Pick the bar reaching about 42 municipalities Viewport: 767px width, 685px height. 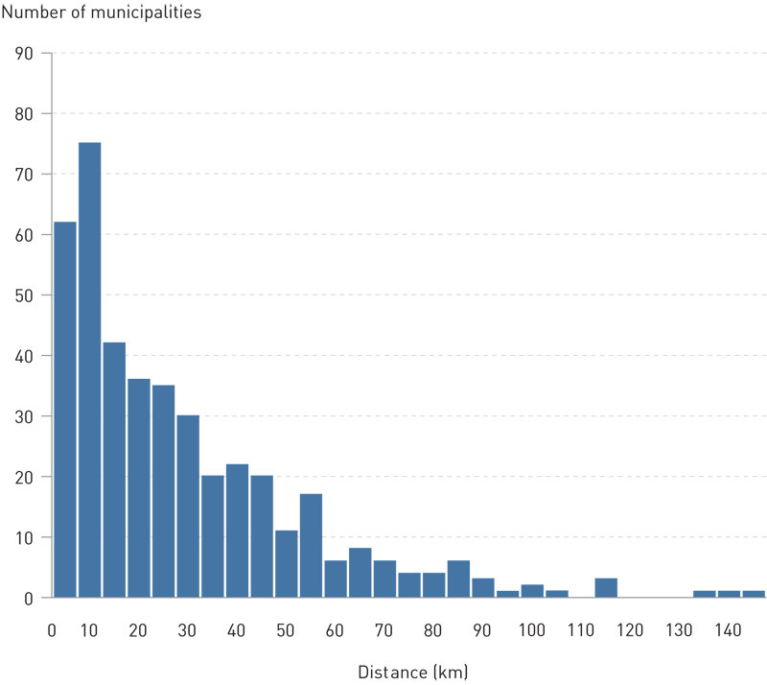pyautogui.click(x=114, y=470)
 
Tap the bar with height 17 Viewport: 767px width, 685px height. pyautogui.click(x=310, y=546)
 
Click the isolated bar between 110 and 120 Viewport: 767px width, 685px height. pyautogui.click(x=605, y=588)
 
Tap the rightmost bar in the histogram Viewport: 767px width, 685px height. pyautogui.click(x=753, y=594)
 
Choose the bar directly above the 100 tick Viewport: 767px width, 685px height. pyautogui.click(x=531, y=591)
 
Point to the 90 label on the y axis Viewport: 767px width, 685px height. pyautogui.click(x=24, y=53)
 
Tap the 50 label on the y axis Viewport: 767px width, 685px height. pyautogui.click(x=24, y=295)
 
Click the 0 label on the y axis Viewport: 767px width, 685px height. pyautogui.click(x=29, y=598)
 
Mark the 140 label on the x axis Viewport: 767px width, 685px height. pyautogui.click(x=728, y=630)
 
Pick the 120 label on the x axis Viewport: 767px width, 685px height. pyautogui.click(x=630, y=630)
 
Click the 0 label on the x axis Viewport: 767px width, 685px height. pyautogui.click(x=52, y=630)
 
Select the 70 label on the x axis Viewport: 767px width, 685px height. pyautogui.click(x=384, y=630)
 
